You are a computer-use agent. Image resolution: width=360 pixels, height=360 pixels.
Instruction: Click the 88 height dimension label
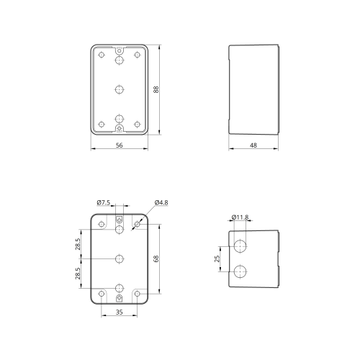click(x=156, y=89)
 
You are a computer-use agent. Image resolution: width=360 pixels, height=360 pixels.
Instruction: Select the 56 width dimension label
click(x=120, y=145)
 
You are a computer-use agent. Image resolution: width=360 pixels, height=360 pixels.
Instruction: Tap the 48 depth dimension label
click(x=253, y=145)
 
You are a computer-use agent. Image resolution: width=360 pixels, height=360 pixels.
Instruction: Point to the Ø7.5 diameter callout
click(x=104, y=202)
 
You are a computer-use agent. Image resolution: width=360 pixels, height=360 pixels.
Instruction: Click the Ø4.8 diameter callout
click(x=161, y=202)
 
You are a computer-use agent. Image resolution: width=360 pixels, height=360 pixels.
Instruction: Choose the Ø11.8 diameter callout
click(x=240, y=217)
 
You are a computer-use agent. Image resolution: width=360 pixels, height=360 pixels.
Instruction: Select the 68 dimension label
click(x=156, y=258)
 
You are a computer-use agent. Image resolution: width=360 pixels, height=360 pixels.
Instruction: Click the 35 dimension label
click(x=120, y=312)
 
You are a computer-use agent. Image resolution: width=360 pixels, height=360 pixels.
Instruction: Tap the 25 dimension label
click(x=217, y=258)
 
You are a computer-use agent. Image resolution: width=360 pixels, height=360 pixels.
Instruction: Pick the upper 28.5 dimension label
click(x=78, y=244)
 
